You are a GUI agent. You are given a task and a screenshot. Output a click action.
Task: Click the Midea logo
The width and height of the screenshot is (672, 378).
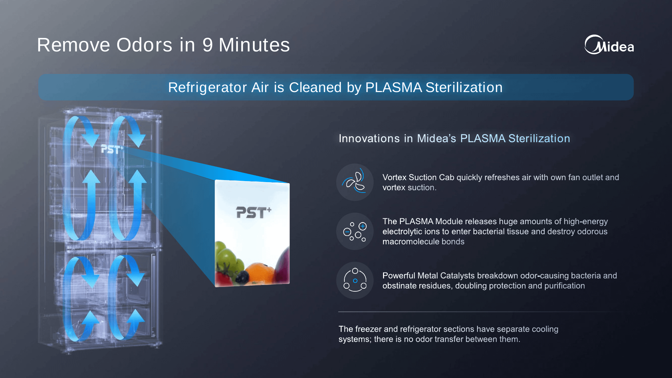609,45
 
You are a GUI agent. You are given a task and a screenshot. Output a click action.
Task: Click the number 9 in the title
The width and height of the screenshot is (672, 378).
208,45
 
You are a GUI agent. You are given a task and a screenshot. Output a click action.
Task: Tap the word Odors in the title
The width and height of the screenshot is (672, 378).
144,45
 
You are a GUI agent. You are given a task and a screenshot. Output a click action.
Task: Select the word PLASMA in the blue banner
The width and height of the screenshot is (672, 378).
393,87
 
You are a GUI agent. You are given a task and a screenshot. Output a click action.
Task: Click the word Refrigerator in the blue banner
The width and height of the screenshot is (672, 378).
208,88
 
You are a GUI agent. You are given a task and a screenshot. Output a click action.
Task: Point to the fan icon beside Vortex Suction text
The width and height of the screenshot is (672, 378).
355,182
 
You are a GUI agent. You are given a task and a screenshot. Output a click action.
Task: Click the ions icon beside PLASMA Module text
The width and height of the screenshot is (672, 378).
355,231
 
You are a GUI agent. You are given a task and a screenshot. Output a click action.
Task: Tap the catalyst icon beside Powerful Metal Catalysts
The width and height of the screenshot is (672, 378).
355,280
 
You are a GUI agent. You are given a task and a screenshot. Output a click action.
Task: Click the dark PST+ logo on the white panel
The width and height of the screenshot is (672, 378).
254,212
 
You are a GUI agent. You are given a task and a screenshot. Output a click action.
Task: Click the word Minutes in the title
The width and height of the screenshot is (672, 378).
254,45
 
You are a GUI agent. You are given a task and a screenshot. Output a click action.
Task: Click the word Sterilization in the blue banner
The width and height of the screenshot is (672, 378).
464,87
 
